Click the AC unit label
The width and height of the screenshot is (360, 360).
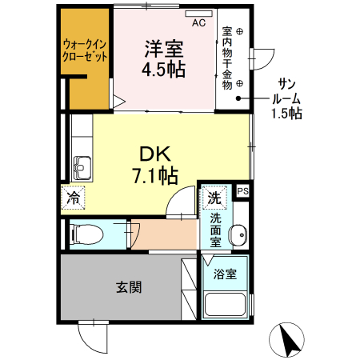pos(198,22)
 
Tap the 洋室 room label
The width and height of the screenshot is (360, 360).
pos(163,48)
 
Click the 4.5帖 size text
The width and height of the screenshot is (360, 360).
pos(163,70)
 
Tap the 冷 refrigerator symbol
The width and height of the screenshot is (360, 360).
pos(73,195)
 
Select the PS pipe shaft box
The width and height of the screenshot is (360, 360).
pos(242,190)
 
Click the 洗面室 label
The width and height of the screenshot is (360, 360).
pos(216,229)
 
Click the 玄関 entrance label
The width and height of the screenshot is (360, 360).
pos(127,286)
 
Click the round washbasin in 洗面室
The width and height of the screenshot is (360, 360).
pos(237,235)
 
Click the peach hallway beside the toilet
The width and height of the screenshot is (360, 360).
pos(165,233)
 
